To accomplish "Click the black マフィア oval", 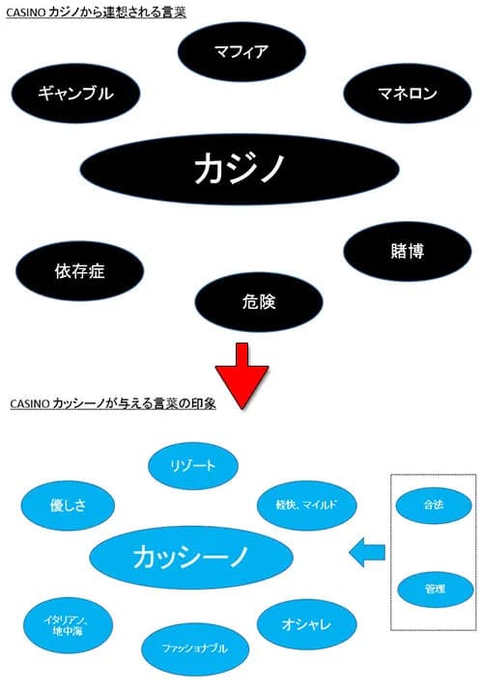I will coord(241,51).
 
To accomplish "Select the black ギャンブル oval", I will coord(75,94).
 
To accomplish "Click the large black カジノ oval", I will coord(240,170).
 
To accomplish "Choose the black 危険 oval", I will coord(258,302).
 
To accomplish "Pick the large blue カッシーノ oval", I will coord(190,557).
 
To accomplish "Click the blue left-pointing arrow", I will coord(366,553).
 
